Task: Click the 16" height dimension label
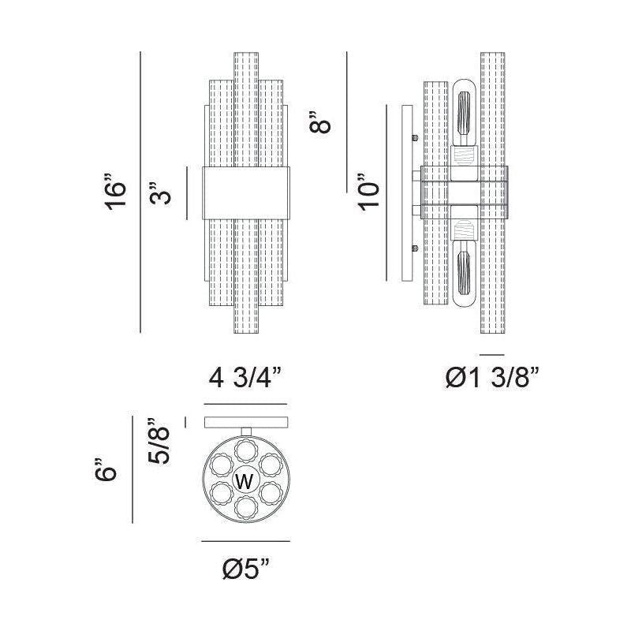click(x=115, y=192)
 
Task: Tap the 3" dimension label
click(x=160, y=193)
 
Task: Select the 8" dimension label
click(x=320, y=121)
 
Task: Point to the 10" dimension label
click(x=368, y=192)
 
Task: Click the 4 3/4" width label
click(x=245, y=378)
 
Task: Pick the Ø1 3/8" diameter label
click(x=491, y=378)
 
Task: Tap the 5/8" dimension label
click(x=159, y=442)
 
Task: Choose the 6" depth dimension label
click(x=106, y=469)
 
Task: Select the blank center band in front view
click(x=245, y=193)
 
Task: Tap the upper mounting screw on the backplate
click(x=416, y=138)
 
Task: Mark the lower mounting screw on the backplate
click(x=416, y=248)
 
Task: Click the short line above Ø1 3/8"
click(x=491, y=355)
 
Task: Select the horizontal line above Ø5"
click(x=245, y=541)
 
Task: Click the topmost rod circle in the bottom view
click(x=246, y=450)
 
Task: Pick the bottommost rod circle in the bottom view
click(x=246, y=508)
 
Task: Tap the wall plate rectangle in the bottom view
click(x=246, y=423)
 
